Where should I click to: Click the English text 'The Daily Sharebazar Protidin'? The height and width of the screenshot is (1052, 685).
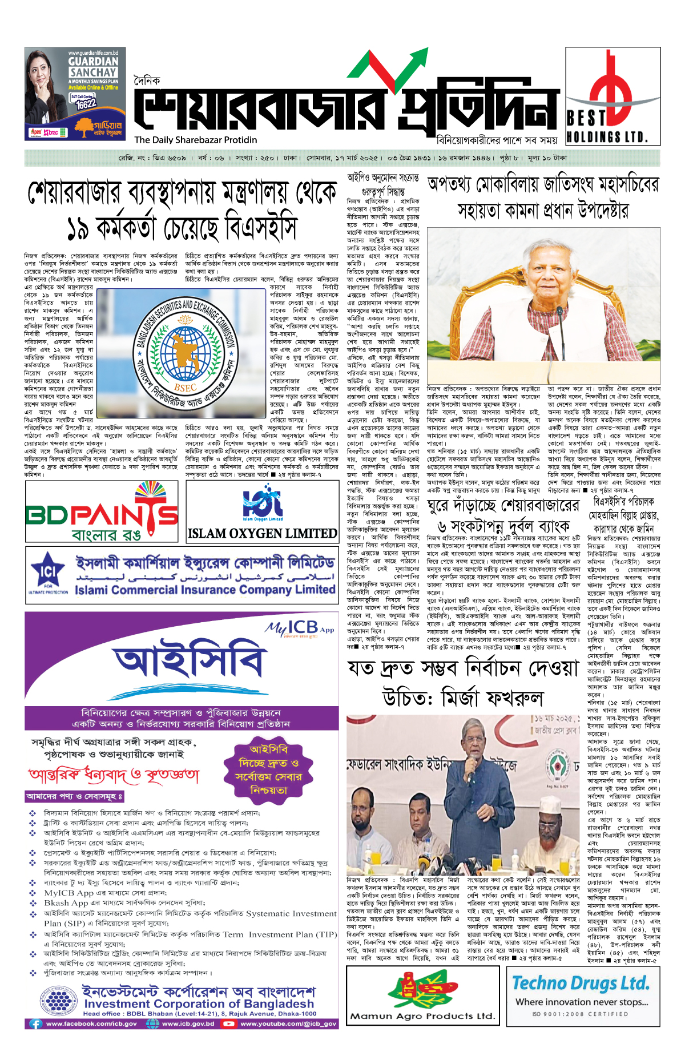point(196,140)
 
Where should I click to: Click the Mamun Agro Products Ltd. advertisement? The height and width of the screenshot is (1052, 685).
point(422,996)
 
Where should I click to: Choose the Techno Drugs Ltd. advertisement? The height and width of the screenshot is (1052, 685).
point(581,996)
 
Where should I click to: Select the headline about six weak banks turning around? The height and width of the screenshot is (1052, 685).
point(503,515)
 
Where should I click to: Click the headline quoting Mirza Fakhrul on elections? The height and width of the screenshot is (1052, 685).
point(463,683)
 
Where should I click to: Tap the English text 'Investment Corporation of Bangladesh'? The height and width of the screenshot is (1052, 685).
point(199,1003)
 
